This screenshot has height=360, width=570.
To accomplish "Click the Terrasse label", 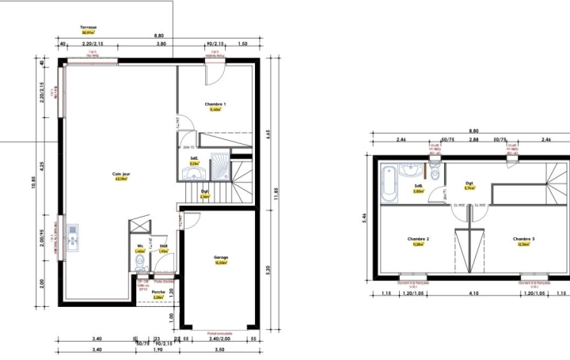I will [88, 28].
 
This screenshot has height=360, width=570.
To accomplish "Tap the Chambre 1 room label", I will [215, 104].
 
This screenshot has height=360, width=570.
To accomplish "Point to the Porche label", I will [158, 292].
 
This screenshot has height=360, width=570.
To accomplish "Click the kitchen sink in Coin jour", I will [72, 235].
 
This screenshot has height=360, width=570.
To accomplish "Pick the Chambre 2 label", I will [418, 239].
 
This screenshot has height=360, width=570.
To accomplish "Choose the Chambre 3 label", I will [523, 239].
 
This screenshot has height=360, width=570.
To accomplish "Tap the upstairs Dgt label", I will [469, 184].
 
